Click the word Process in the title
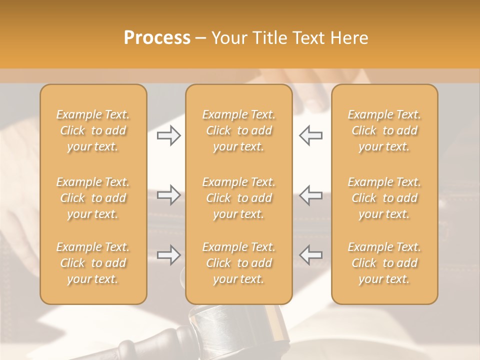pos(157,38)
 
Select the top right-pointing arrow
pos(169,135)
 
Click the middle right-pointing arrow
pos(169,195)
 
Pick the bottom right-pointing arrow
pos(169,255)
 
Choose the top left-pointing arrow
pos(310,135)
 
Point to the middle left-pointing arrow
pos(310,195)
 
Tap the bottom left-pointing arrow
pos(310,255)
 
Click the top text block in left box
pos(93,130)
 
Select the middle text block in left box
pos(93,198)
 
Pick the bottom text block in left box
pos(93,263)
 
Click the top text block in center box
pos(239,130)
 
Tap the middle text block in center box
pos(239,198)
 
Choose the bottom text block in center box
pos(239,263)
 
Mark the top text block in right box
pos(384,130)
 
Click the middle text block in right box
pos(384,198)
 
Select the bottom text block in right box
pos(384,263)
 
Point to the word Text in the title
pos(310,38)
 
